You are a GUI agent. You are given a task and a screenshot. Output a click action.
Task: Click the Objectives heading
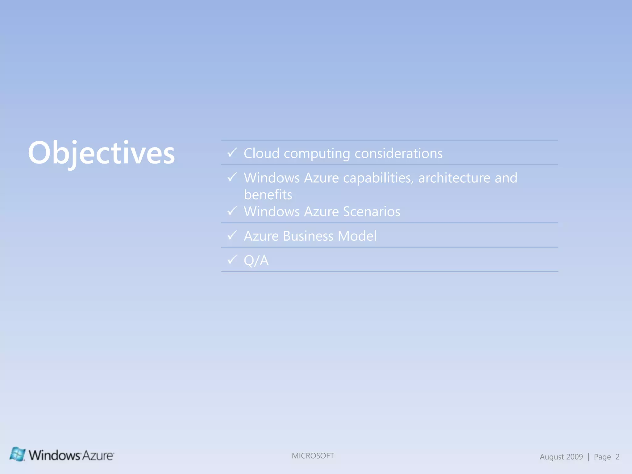(x=101, y=153)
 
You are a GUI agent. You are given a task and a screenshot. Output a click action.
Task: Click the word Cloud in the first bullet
(x=261, y=153)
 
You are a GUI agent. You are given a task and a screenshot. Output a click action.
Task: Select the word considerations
(x=398, y=153)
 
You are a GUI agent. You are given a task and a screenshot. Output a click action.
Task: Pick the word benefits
(x=268, y=195)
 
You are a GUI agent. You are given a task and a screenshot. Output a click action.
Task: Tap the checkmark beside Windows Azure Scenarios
(x=232, y=211)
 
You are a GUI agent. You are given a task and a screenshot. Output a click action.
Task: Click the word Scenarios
(x=372, y=212)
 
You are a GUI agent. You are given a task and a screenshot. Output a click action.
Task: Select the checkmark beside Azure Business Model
(x=232, y=235)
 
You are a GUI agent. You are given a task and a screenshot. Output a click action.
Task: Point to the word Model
(x=357, y=236)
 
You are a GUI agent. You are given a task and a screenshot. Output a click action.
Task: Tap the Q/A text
(x=256, y=260)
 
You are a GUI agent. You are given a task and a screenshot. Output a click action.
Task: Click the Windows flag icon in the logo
(x=18, y=454)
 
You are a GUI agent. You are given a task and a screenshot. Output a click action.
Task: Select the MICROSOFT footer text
(x=313, y=456)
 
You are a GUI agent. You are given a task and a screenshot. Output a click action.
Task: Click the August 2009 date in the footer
(x=561, y=457)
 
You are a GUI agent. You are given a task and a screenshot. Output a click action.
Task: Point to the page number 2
(x=617, y=457)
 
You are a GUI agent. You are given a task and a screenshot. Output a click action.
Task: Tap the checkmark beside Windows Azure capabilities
(x=232, y=177)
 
